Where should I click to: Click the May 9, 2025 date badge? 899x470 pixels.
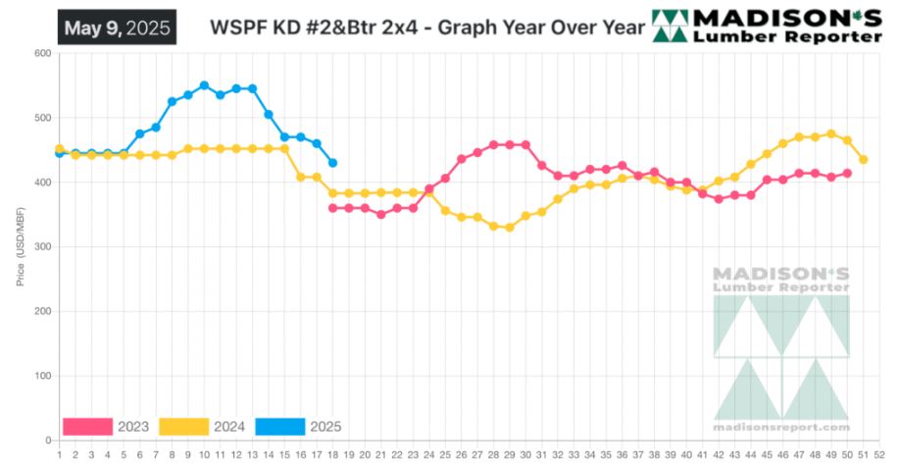(116, 27)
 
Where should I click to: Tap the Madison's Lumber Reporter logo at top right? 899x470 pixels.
(769, 26)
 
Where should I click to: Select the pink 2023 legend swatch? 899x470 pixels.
(87, 427)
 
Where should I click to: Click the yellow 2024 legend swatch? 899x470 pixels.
(183, 427)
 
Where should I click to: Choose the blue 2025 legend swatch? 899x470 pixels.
(279, 427)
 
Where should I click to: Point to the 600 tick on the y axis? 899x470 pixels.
(41, 53)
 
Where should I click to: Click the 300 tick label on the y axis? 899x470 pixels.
(41, 247)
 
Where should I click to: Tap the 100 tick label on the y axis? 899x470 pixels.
(41, 376)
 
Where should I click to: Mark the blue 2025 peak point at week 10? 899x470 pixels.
(204, 85)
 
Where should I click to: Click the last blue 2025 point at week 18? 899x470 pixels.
(332, 163)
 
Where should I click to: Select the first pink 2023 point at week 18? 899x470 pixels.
(332, 208)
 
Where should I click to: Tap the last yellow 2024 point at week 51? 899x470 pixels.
(863, 159)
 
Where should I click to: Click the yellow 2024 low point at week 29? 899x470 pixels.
(509, 228)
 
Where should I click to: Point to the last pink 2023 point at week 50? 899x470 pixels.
(846, 174)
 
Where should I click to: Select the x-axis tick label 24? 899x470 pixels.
(428, 454)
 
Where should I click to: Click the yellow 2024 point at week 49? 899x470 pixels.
(830, 133)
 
